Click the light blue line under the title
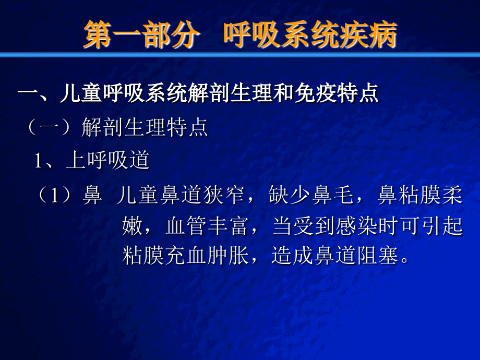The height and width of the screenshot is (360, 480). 240,54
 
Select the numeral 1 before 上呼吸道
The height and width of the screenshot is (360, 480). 39,161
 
